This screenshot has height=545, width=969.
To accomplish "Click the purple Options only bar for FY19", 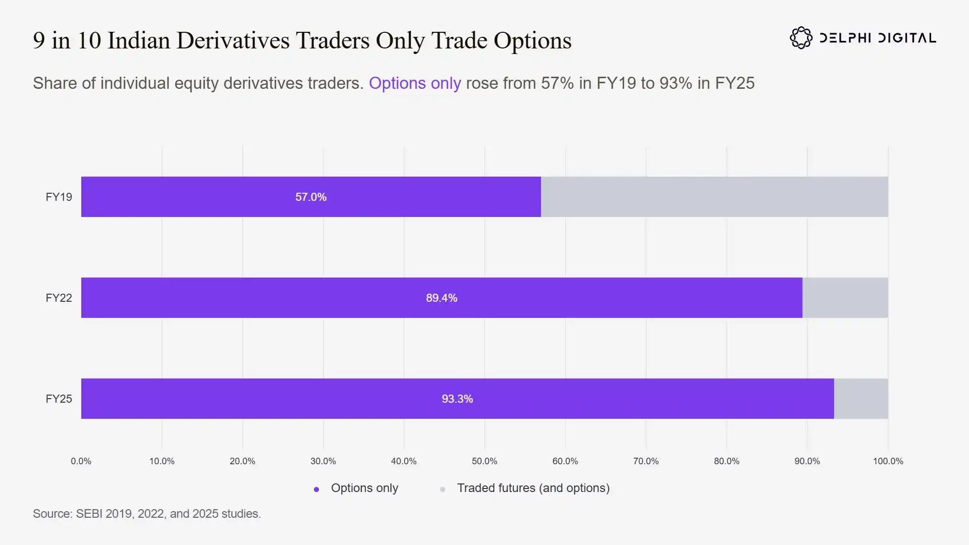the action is point(311,197).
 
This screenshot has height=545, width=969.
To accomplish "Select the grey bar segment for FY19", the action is point(715,197).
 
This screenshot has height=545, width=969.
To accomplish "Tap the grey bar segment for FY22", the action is point(845,298).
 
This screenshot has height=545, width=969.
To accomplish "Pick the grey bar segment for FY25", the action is point(861,399).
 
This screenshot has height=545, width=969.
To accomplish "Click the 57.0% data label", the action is point(311,197).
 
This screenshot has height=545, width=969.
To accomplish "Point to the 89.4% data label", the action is point(442,298).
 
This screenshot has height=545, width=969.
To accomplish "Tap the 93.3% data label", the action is point(457,399).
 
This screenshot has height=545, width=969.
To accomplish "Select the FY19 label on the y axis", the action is point(59,197).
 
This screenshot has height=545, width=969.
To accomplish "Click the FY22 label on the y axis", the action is point(59,298).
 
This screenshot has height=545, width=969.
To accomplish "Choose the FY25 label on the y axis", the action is point(59,399).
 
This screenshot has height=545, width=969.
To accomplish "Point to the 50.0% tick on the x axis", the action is point(484,461).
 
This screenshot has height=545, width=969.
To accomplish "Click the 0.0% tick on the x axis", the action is point(81,461).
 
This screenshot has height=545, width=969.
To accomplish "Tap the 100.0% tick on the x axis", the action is point(888,461).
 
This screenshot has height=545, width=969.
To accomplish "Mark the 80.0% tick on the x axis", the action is point(727,461).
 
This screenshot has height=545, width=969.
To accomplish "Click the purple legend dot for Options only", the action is point(316,489).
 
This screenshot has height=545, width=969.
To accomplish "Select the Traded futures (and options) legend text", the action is point(533,488).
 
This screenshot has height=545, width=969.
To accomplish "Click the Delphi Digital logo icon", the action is point(801,38).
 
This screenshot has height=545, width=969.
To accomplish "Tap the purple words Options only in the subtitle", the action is point(415,83).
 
